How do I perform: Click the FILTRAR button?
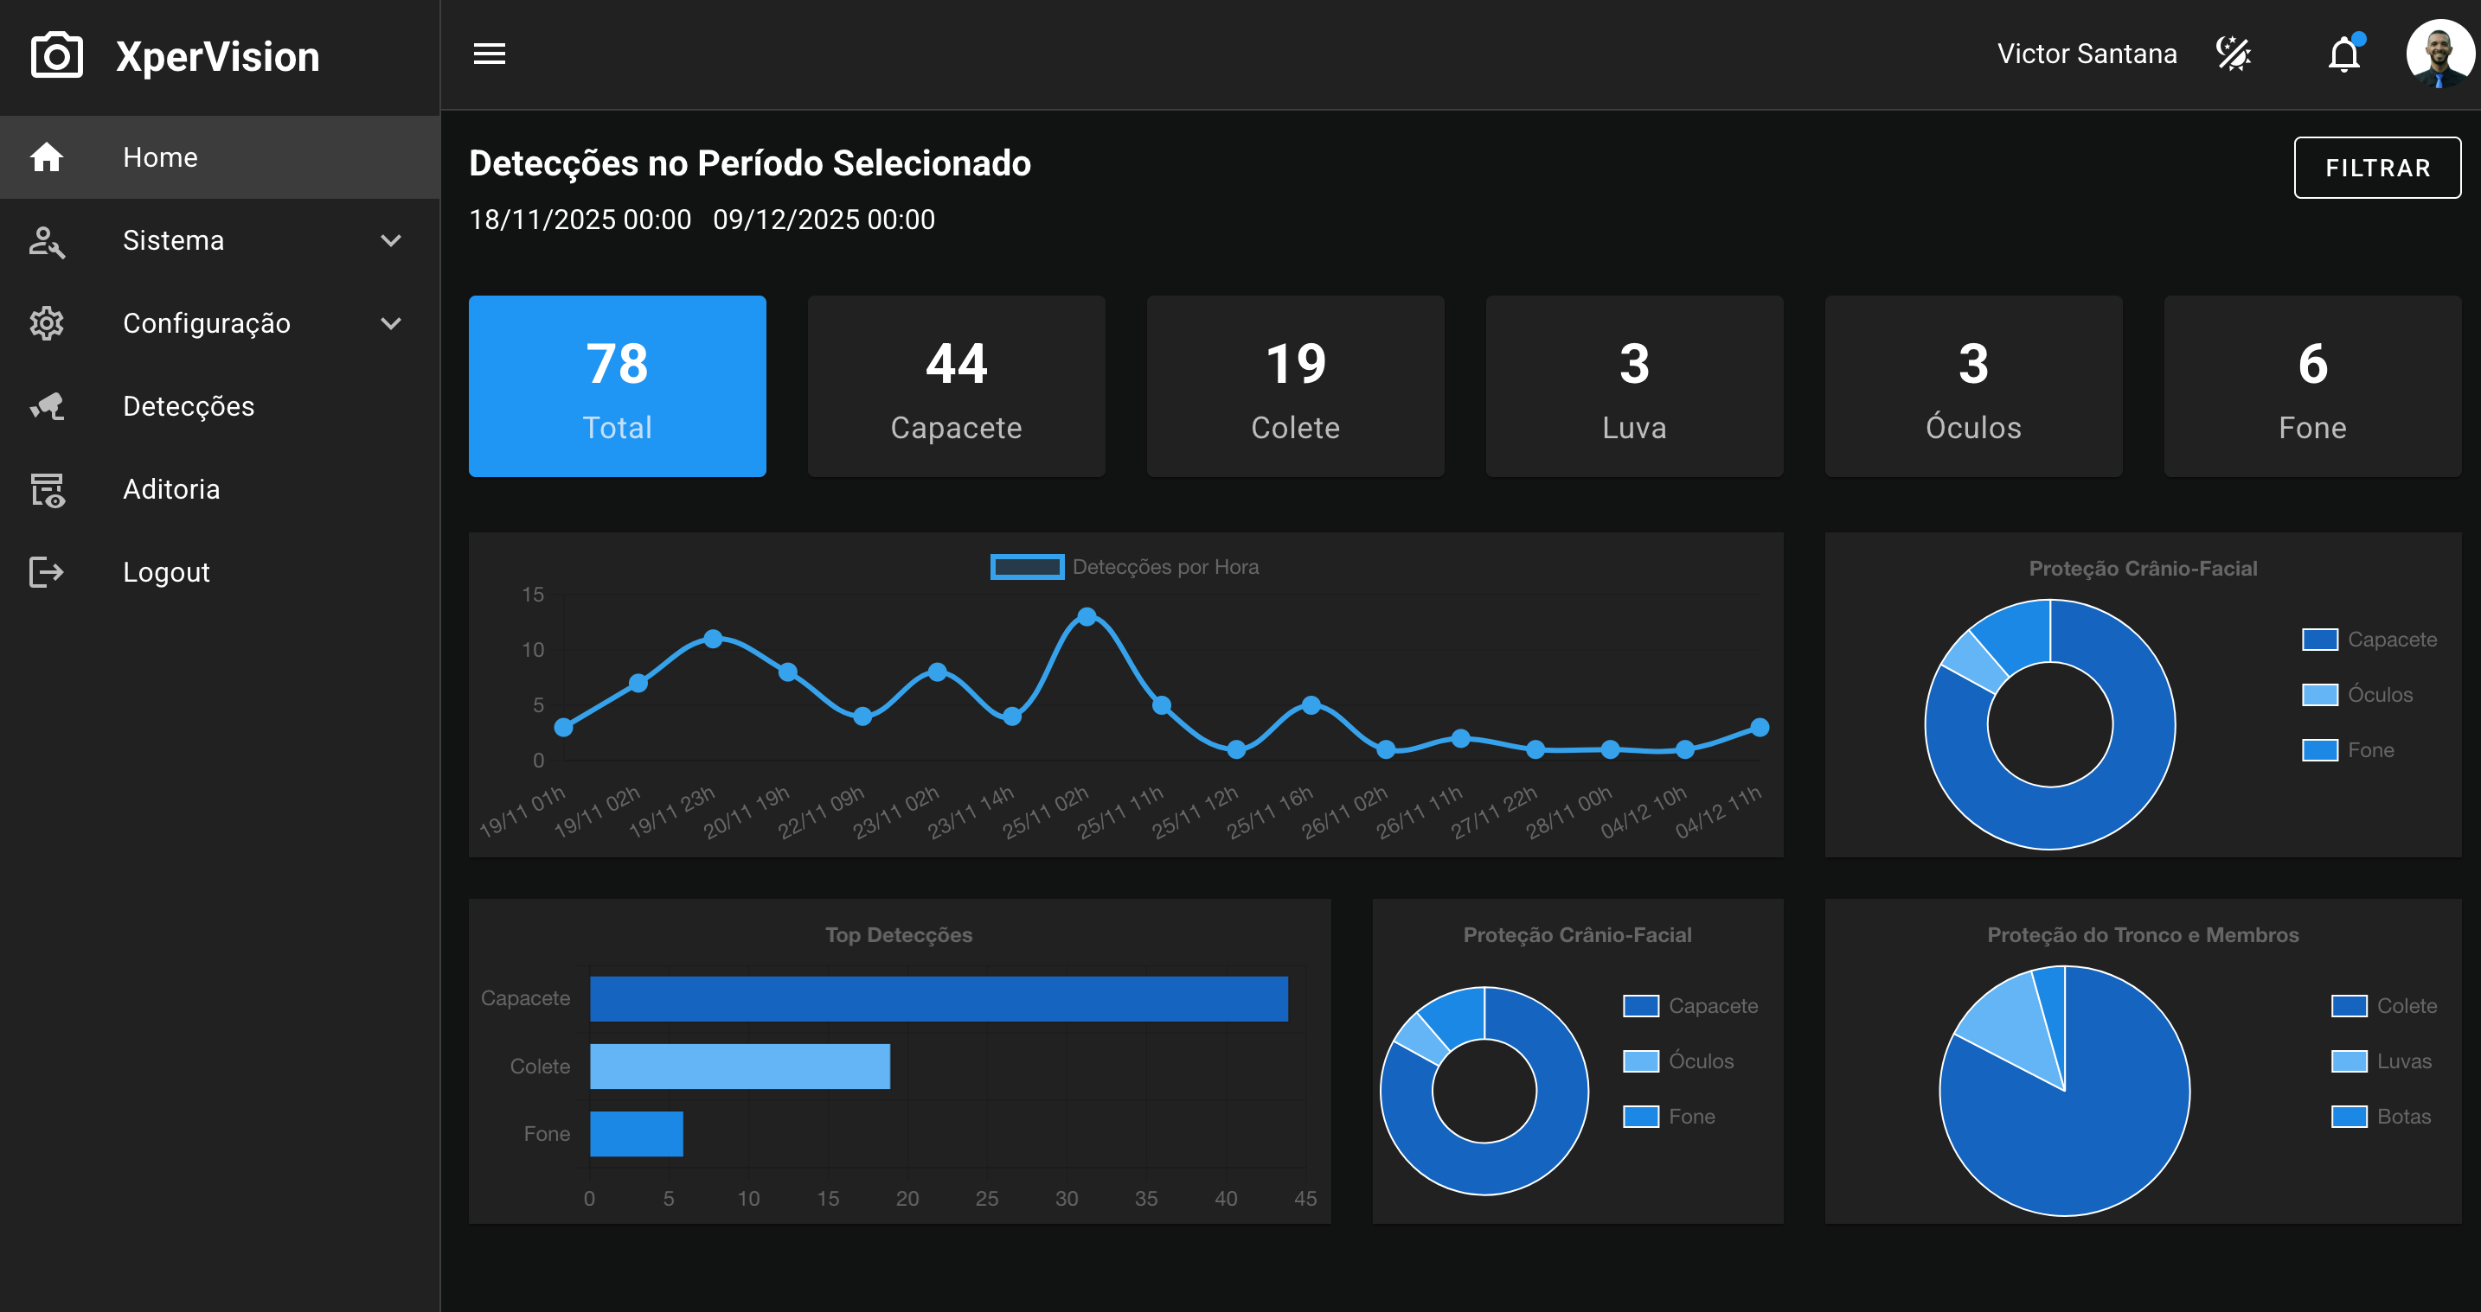pos(2377,168)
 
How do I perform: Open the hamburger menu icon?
pos(490,54)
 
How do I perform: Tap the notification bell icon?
pos(2345,54)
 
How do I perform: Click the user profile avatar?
pos(2439,54)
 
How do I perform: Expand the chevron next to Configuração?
pos(391,323)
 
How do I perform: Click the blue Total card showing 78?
pos(618,386)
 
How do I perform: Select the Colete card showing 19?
pos(1295,386)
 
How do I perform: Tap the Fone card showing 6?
pos(2312,386)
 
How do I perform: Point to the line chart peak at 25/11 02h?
pos(1087,616)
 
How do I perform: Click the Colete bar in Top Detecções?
pos(740,1067)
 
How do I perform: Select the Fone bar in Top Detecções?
pos(637,1134)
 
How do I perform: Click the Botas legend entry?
pos(2381,1117)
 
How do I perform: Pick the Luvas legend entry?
pos(2381,1060)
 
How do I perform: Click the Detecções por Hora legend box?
pos(1027,567)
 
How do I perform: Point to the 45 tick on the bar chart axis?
pos(1305,1199)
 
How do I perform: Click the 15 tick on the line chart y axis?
pos(533,595)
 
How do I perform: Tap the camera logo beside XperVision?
pos(57,56)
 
